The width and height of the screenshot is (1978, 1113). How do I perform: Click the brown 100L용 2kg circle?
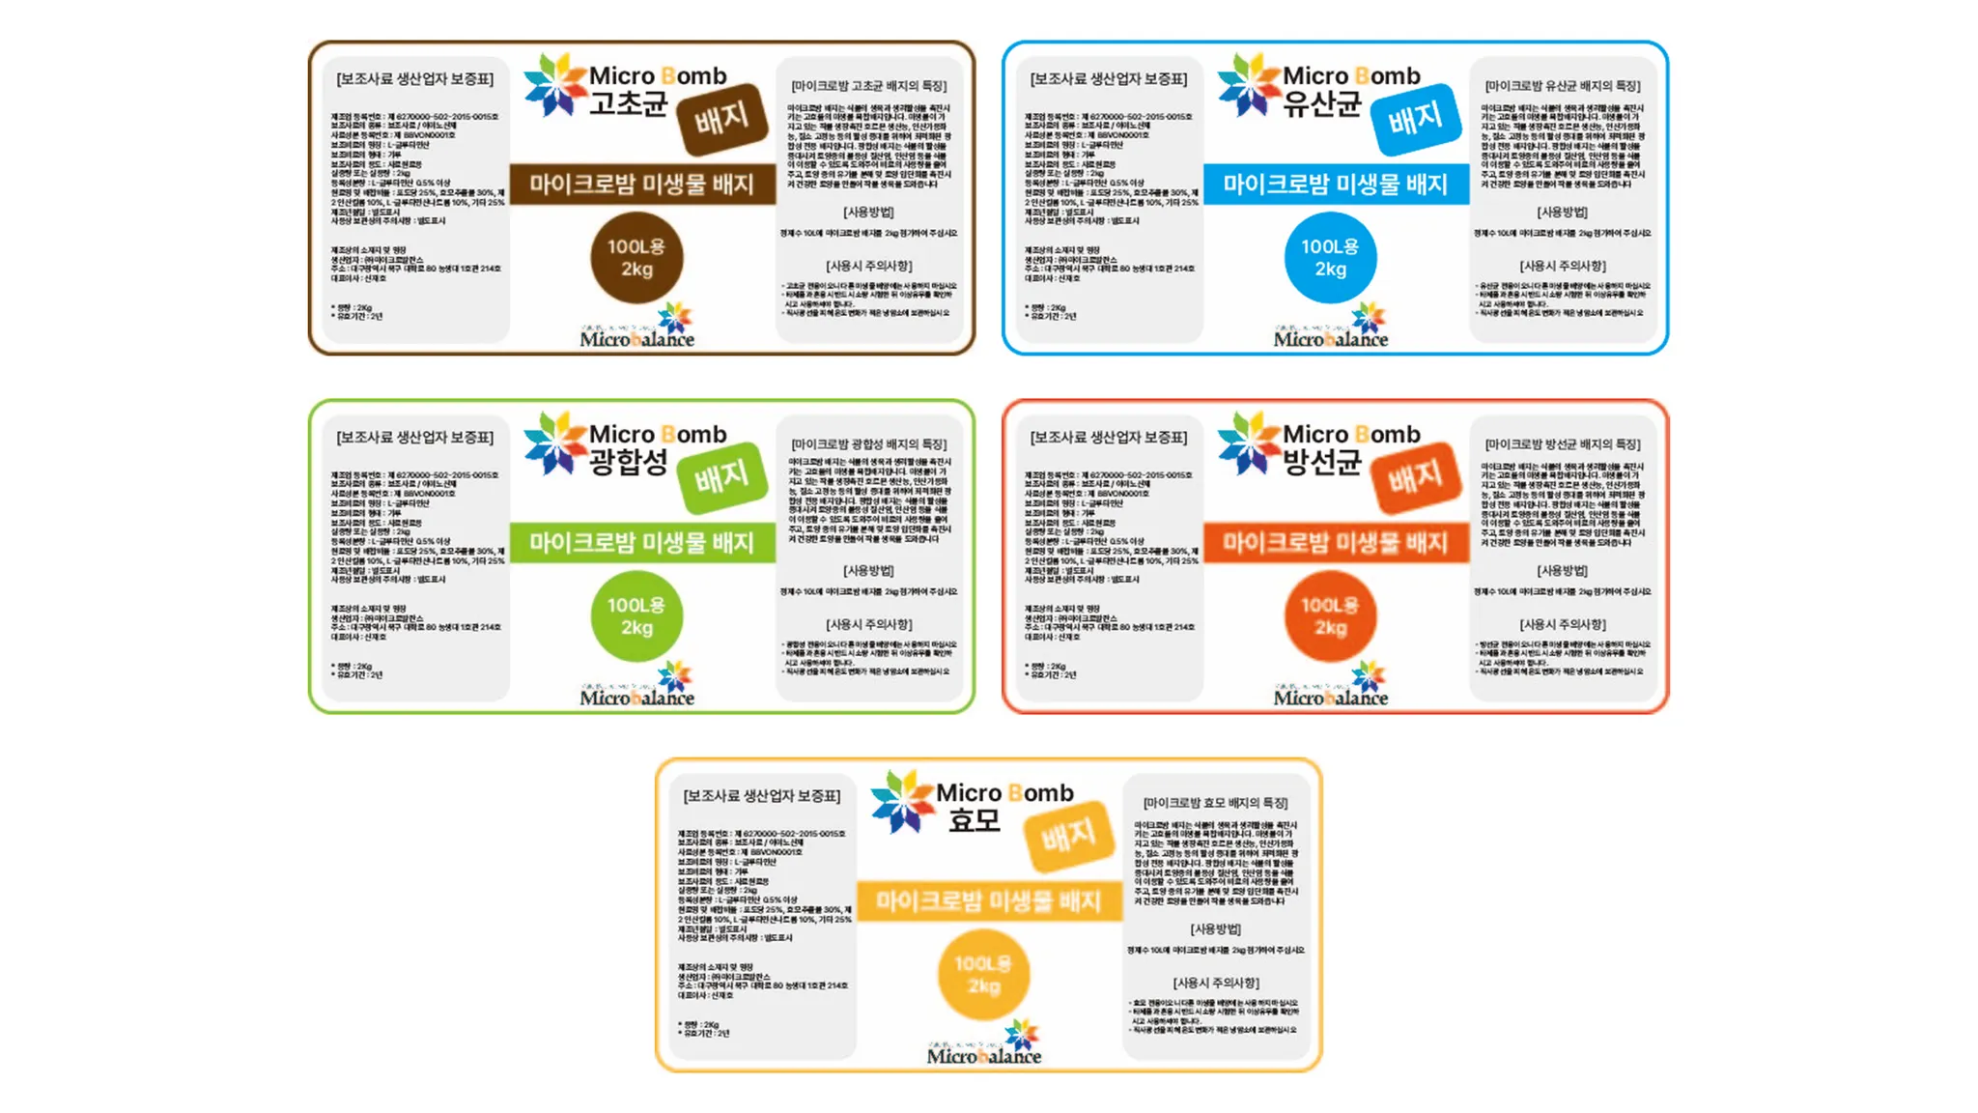[636, 258]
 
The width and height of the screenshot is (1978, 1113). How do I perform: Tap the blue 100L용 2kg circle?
[1330, 258]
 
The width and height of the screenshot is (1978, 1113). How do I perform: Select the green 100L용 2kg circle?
[636, 616]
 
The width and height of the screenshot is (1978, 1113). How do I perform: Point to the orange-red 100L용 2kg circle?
[1330, 616]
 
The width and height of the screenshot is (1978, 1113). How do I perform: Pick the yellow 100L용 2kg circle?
[983, 975]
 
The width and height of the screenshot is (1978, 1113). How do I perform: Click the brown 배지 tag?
[721, 119]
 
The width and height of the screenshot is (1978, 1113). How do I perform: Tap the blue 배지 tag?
[1415, 119]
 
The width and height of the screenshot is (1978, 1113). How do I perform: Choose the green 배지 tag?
[721, 477]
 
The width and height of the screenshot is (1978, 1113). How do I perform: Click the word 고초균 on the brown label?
[629, 103]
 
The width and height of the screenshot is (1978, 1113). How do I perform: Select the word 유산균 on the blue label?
[1322, 103]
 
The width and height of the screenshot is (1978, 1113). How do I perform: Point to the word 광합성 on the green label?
[629, 462]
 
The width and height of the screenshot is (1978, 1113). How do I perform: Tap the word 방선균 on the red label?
[1322, 462]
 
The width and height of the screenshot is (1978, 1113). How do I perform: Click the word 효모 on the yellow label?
[974, 820]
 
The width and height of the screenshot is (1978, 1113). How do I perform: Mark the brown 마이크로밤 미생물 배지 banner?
[642, 184]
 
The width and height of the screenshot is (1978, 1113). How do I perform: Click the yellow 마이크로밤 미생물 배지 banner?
[988, 900]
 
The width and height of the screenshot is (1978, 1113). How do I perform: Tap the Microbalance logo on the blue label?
[1331, 328]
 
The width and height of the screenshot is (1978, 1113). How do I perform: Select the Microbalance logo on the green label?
[637, 687]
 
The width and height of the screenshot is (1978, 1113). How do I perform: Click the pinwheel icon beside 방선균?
[1248, 443]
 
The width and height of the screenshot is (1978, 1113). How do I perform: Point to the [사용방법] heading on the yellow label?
[1215, 928]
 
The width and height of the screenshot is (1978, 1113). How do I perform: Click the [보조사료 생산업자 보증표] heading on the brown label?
[414, 79]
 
